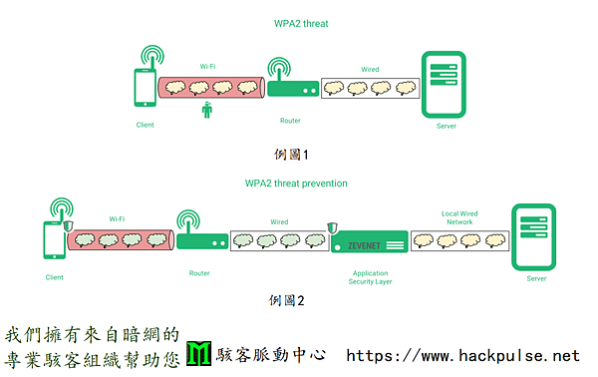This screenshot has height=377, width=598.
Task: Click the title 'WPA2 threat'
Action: (x=299, y=23)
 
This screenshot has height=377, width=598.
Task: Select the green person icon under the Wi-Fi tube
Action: (x=206, y=111)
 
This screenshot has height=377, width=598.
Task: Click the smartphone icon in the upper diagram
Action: (x=145, y=88)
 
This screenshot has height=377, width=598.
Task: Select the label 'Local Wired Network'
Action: (x=459, y=217)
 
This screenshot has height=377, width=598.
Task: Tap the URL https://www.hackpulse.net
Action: (x=461, y=355)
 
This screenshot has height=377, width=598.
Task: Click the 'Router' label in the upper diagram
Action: (x=290, y=121)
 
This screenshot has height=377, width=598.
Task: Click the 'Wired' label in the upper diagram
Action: (x=370, y=69)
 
